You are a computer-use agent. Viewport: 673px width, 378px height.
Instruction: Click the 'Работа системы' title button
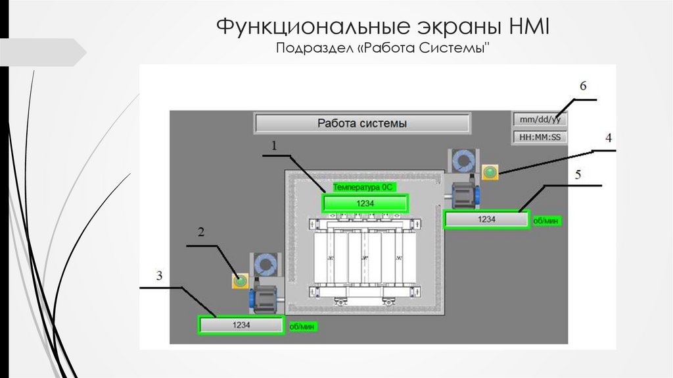(x=362, y=123)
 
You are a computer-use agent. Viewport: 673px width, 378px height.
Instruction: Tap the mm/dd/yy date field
(x=540, y=120)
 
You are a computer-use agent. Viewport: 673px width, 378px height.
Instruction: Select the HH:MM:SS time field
(x=540, y=138)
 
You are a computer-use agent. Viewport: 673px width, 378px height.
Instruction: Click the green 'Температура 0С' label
(x=363, y=187)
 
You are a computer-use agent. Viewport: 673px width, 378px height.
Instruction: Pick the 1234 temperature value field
(x=365, y=203)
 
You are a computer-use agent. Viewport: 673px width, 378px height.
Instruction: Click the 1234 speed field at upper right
(x=486, y=219)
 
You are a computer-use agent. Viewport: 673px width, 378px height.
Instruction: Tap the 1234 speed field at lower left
(x=241, y=325)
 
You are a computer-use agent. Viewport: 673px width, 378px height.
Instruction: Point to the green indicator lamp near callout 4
(x=490, y=173)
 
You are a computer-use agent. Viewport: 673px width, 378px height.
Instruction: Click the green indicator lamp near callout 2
(x=240, y=281)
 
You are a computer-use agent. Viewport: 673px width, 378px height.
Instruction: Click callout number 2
(x=202, y=232)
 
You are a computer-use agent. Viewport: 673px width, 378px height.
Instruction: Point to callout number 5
(x=578, y=175)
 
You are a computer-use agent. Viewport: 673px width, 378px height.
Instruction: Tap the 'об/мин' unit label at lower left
(x=300, y=326)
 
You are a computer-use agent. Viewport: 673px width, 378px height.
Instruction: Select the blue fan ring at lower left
(x=266, y=265)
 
